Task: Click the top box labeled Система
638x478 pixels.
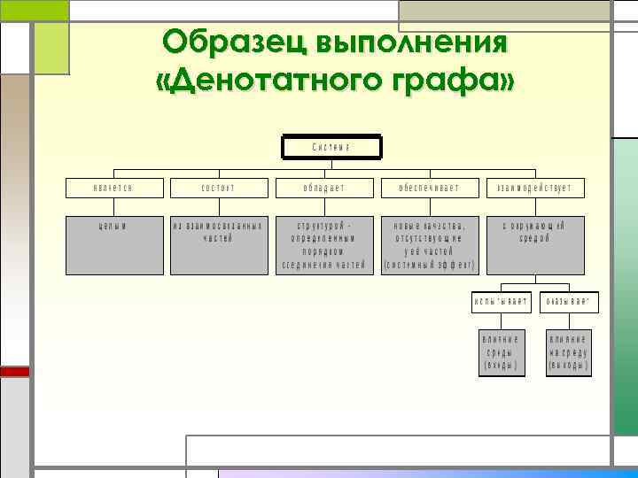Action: pyautogui.click(x=331, y=147)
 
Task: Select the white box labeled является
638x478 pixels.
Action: pyautogui.click(x=115, y=189)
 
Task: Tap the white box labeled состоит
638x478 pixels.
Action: pyautogui.click(x=218, y=189)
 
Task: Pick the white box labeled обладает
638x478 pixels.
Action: pyautogui.click(x=323, y=189)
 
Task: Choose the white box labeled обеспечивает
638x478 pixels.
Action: pyautogui.click(x=429, y=189)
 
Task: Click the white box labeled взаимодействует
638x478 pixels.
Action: pyautogui.click(x=534, y=189)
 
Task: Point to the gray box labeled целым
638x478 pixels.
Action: pyautogui.click(x=115, y=244)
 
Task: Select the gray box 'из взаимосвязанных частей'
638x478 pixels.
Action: pyautogui.click(x=218, y=244)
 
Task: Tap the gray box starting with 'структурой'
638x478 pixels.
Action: pyautogui.click(x=323, y=244)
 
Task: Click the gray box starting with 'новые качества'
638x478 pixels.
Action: pyautogui.click(x=429, y=244)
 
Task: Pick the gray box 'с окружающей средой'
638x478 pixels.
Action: pyautogui.click(x=534, y=244)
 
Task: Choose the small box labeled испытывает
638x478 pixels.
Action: pyautogui.click(x=501, y=302)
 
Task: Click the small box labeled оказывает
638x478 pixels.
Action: pyautogui.click(x=568, y=302)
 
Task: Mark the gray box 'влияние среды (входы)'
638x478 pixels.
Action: pyautogui.click(x=501, y=351)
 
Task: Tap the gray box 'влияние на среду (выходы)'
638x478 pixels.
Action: pyautogui.click(x=568, y=351)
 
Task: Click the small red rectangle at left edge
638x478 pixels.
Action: pyautogui.click(x=14, y=372)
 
